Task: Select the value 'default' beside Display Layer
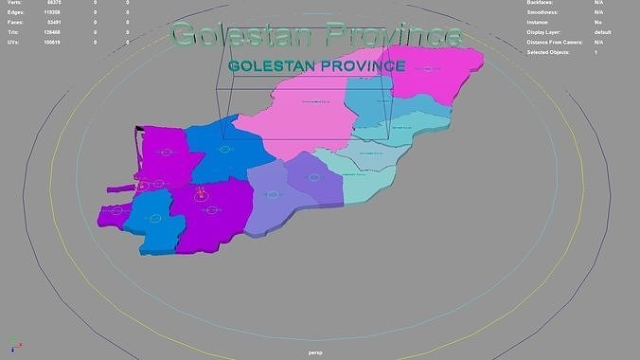(x=602, y=32)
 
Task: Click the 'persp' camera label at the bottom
(x=316, y=352)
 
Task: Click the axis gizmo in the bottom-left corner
(x=12, y=345)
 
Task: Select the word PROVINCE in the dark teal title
(x=362, y=66)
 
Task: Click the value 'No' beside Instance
(x=597, y=22)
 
